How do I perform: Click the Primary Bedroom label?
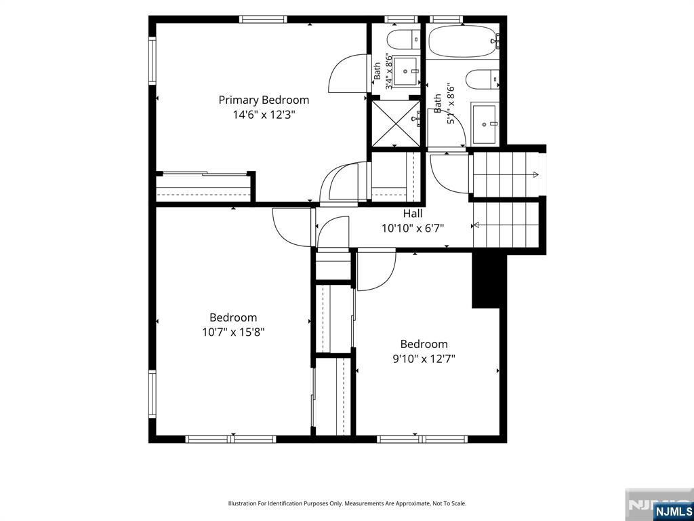click(264, 100)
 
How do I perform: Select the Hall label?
click(413, 214)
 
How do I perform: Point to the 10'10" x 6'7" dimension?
click(413, 228)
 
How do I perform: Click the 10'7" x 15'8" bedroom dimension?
click(233, 332)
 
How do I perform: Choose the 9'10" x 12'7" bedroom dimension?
click(424, 358)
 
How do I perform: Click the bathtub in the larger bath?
click(464, 41)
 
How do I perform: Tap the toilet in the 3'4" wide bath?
click(403, 40)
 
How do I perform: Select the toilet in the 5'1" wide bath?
click(483, 79)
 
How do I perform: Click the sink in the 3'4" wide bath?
click(405, 71)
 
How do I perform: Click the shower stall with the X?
click(396, 123)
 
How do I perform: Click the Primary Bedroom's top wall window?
click(264, 20)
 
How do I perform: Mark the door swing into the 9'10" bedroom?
click(376, 271)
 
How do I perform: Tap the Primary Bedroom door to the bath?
click(348, 73)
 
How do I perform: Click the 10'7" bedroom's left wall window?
click(152, 394)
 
